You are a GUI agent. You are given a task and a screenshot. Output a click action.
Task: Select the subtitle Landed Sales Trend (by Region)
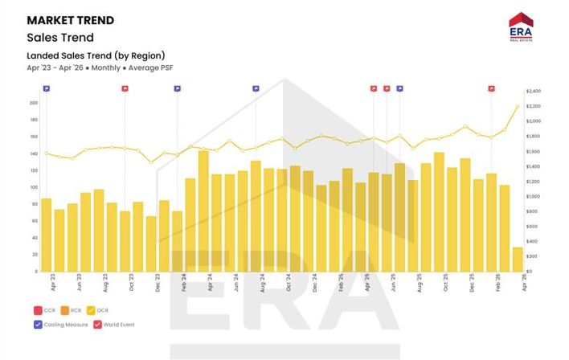tap(96, 55)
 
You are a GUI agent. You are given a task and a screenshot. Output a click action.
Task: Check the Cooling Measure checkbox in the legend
tap(39, 325)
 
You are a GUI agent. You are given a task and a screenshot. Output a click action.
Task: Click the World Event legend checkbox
tap(98, 325)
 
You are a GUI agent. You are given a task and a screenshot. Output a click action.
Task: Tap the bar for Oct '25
tap(439, 211)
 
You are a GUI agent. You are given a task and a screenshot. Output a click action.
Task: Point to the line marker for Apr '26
tap(518, 106)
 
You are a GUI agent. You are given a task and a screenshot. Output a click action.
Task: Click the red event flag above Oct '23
tap(125, 88)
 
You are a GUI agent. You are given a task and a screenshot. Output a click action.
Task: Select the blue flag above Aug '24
tap(256, 88)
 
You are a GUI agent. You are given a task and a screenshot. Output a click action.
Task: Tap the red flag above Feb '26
tap(491, 88)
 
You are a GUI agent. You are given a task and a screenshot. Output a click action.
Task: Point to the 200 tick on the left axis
tap(33, 103)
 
